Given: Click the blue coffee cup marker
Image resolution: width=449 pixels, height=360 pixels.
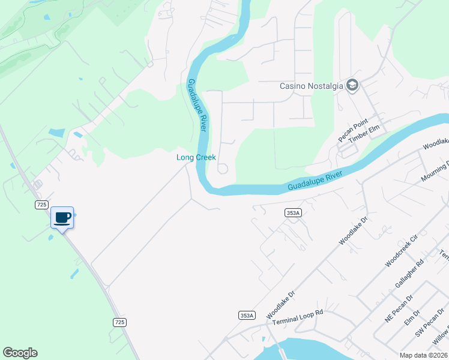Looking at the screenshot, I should click(x=62, y=217).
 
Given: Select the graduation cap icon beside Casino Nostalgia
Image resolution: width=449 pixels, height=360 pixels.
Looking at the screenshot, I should click(x=352, y=85).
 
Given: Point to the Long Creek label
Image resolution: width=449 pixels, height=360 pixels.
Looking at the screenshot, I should click(x=196, y=157).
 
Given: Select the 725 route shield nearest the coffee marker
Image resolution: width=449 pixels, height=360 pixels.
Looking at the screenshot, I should click(x=41, y=205).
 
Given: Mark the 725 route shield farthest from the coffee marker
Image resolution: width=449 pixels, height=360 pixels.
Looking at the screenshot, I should click(x=119, y=322).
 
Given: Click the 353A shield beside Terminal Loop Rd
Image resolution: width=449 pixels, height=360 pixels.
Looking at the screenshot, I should click(x=247, y=315).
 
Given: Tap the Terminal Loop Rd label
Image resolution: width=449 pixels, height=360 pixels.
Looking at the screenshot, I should click(x=298, y=317).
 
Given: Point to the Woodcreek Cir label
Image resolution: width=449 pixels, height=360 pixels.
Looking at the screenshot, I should click(x=400, y=251).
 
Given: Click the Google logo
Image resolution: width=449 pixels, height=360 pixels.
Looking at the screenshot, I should click(x=20, y=353).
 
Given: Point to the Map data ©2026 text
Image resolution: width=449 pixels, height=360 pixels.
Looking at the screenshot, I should click(x=424, y=355).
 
